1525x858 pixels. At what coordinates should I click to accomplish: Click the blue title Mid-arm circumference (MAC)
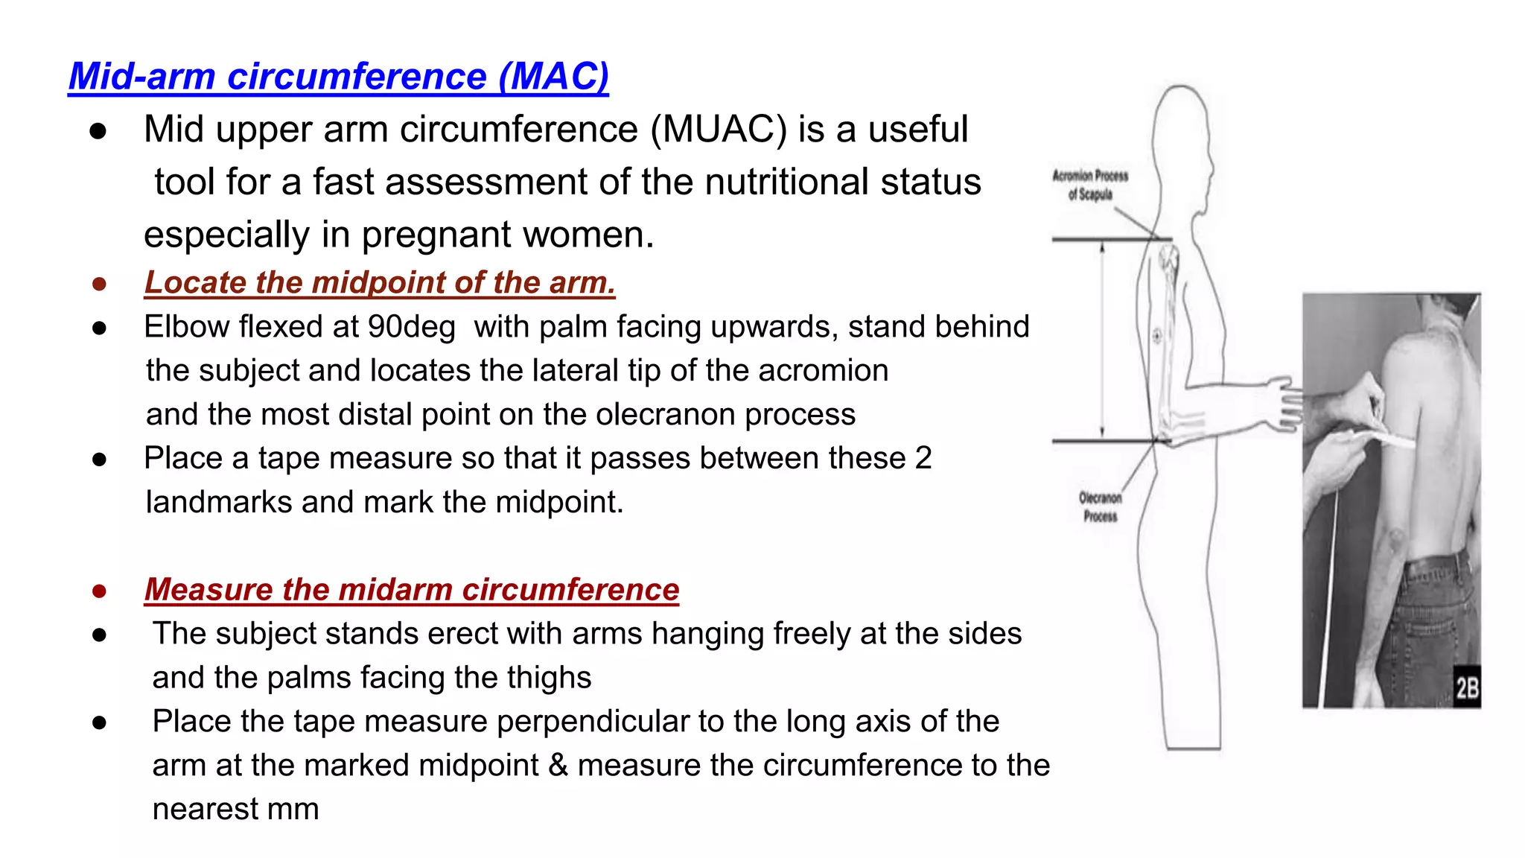339,77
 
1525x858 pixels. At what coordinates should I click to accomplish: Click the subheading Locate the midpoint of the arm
380,283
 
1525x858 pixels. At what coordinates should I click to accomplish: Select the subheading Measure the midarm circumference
412,590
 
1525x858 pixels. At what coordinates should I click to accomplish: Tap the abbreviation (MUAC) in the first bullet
718,130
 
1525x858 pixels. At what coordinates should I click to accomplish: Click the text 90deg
411,327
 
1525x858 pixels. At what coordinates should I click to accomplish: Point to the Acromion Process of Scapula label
1090,185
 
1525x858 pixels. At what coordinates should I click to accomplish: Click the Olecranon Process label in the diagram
1100,507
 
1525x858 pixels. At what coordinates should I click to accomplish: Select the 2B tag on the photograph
1466,687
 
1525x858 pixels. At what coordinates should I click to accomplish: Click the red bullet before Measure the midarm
99,591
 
